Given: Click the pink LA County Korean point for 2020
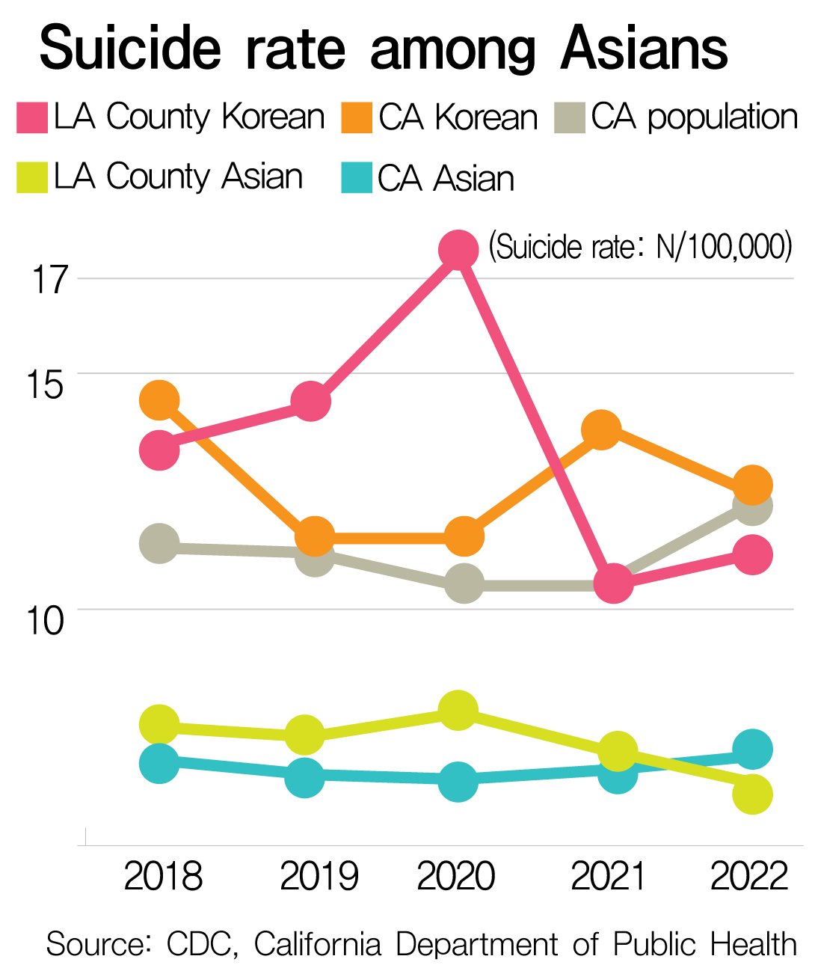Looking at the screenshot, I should point(458,250).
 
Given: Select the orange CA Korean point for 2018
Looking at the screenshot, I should point(159,401).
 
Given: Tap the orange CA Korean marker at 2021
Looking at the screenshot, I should point(601,429).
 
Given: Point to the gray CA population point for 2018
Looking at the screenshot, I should point(159,543).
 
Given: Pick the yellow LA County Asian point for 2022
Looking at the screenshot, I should point(752,794).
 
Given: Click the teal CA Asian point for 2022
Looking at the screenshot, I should point(752,749).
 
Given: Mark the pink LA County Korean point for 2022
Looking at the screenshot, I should point(752,555).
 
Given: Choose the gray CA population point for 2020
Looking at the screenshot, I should point(464,583).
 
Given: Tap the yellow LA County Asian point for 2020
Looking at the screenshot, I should point(458,710).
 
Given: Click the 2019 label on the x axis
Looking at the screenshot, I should point(319,876).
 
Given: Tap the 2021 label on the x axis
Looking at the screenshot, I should point(608,876).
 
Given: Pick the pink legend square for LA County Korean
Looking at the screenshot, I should point(32,118).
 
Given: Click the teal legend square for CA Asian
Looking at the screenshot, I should point(357,179).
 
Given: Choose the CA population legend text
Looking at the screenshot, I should point(694,117).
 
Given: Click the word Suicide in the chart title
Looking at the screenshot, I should point(131,49).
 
